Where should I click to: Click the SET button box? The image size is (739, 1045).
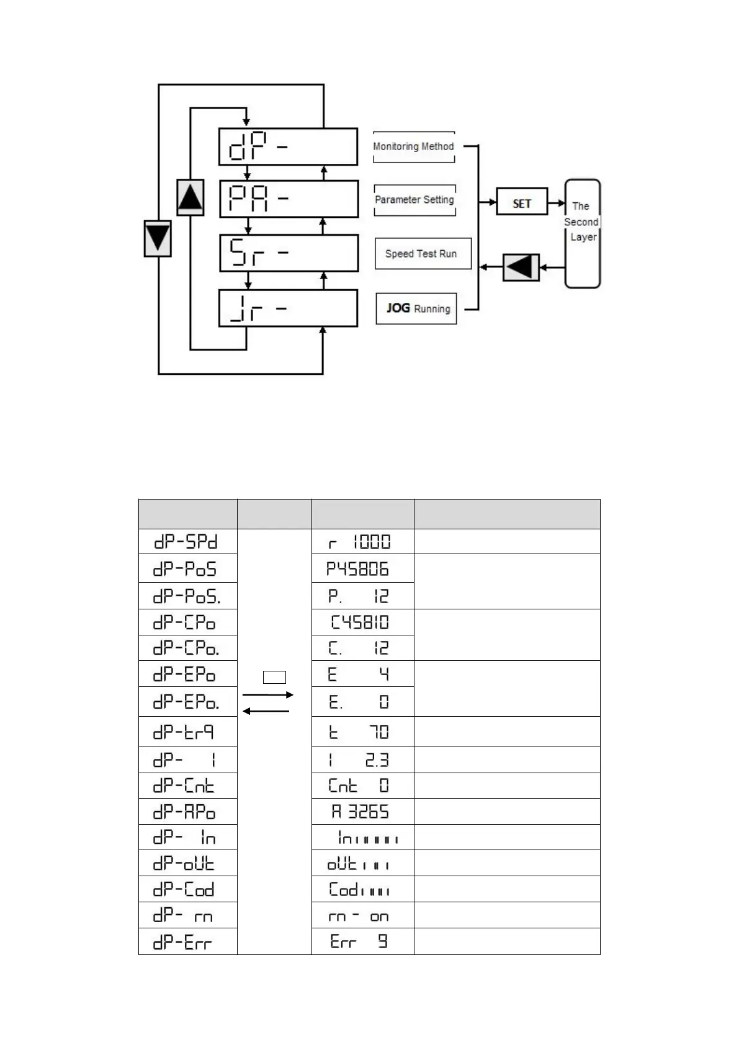tap(522, 202)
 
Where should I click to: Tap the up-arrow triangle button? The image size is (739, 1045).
tap(190, 197)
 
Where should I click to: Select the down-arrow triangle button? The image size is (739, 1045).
tap(158, 238)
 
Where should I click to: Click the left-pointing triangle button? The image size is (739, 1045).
tap(521, 267)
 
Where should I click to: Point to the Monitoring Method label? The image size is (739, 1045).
tap(414, 147)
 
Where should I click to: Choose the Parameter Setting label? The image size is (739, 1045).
tap(414, 200)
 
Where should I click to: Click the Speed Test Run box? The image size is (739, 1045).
tap(423, 254)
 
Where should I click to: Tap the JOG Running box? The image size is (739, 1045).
tap(416, 308)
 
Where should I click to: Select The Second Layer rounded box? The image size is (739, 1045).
tap(582, 233)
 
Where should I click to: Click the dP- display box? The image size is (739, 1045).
tap(288, 146)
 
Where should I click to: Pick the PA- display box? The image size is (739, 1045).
tap(289, 199)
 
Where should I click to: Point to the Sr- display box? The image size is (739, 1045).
tap(289, 253)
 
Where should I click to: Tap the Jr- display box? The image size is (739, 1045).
tap(288, 308)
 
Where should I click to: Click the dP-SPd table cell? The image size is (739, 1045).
tap(187, 542)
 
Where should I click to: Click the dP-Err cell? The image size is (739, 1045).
tap(187, 941)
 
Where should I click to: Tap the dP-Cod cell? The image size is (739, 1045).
tap(187, 889)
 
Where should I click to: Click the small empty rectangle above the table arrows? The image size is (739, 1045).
tap(274, 677)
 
